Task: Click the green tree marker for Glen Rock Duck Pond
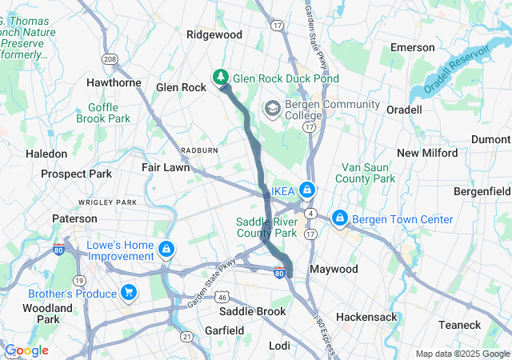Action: click(220, 78)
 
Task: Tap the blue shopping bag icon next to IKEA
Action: click(306, 190)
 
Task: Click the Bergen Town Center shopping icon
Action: click(340, 218)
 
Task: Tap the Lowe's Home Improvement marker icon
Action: click(166, 249)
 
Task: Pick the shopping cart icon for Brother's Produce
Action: click(128, 291)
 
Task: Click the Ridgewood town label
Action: click(214, 34)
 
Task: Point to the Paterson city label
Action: click(74, 218)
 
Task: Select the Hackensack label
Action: click(366, 317)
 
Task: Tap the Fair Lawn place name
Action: click(166, 168)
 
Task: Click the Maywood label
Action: click(334, 269)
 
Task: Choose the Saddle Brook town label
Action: click(253, 311)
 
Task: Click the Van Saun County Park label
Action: click(368, 173)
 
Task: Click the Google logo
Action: click(27, 350)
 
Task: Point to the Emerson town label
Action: click(412, 47)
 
